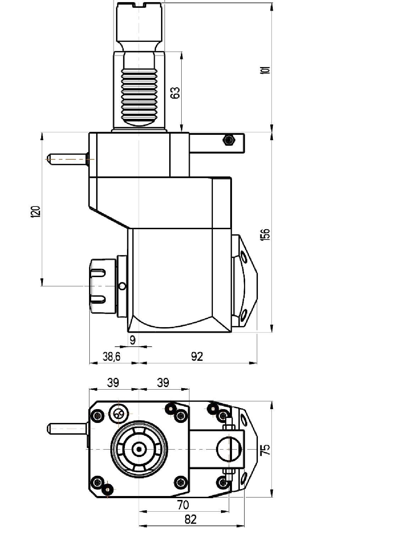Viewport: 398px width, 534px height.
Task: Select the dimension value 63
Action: (x=176, y=93)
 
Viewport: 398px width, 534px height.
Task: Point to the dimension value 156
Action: (x=266, y=235)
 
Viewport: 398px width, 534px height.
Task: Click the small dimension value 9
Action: (x=133, y=340)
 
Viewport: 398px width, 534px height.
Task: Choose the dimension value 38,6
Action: (x=112, y=357)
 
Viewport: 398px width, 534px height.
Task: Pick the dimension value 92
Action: (x=197, y=357)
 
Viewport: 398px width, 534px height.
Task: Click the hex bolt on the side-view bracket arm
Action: (x=228, y=140)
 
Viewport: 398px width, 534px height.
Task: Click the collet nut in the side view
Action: (x=103, y=286)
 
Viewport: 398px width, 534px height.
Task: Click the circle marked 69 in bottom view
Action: (x=119, y=414)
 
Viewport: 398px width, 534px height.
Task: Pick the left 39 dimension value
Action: (x=113, y=383)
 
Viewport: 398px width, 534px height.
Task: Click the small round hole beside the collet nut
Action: (x=123, y=286)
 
